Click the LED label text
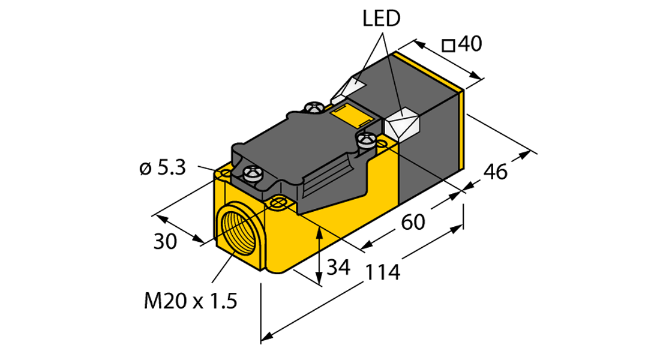click(382, 19)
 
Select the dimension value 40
click(470, 43)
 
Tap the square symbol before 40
click(448, 45)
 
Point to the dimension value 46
click(495, 172)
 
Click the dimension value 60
click(413, 222)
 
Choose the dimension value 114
click(383, 272)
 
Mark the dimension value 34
click(338, 267)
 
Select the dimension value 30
click(166, 241)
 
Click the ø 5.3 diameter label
click(163, 168)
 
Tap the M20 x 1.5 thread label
click(191, 301)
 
